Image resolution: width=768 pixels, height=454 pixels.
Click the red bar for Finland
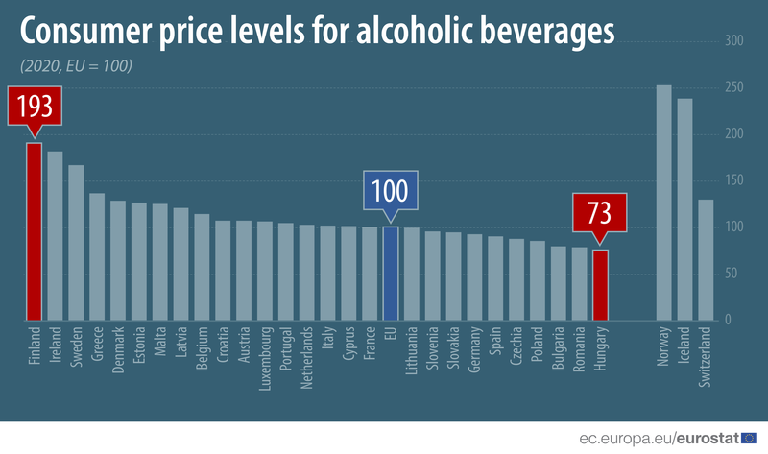click(34, 231)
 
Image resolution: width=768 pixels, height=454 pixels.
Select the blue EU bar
click(391, 273)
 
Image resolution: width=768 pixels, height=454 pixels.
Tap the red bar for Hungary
click(600, 285)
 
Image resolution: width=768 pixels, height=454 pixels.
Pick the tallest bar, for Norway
click(663, 203)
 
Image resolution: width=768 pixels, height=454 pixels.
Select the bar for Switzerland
click(706, 260)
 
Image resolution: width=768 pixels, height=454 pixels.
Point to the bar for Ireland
click(55, 236)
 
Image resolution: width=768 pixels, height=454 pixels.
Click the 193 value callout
click(34, 106)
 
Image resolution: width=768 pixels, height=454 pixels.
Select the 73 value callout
click(600, 212)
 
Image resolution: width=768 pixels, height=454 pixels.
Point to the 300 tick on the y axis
click(734, 41)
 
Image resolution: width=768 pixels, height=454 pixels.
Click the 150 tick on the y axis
click(734, 180)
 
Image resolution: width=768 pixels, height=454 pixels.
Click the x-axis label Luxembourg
click(265, 358)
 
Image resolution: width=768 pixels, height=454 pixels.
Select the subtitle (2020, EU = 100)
click(75, 66)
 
